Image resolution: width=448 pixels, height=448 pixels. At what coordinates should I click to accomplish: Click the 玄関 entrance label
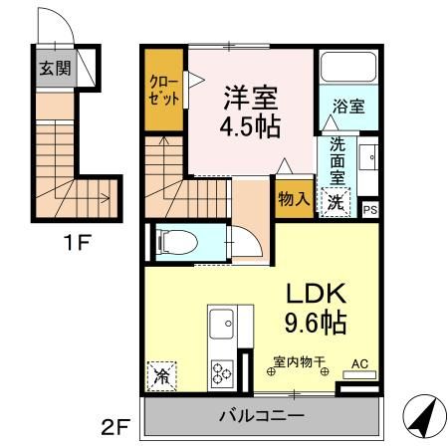point(55,69)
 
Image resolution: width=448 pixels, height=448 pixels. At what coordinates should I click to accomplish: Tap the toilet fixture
point(177,242)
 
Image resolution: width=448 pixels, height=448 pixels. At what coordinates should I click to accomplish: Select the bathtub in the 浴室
point(348,67)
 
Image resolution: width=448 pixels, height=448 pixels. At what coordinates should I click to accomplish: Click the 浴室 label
point(348,107)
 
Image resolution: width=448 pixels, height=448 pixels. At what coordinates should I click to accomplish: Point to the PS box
point(370,210)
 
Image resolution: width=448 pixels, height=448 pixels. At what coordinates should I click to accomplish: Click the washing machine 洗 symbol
point(336,202)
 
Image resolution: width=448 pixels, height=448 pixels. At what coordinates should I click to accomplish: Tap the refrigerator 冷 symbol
point(161,376)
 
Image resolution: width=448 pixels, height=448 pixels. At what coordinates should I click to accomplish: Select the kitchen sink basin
point(221,324)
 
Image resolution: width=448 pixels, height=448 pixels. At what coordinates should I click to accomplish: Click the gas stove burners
point(222,373)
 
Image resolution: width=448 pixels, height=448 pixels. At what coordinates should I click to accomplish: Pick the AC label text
point(360,363)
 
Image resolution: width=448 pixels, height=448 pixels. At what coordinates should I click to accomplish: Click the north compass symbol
point(425,416)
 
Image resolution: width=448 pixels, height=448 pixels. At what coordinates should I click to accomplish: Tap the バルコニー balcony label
point(262,415)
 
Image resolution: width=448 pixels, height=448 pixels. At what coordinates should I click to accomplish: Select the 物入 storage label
point(294,199)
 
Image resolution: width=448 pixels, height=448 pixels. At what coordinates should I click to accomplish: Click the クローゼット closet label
point(164,90)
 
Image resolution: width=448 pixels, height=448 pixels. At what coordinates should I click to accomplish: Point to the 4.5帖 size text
point(250,126)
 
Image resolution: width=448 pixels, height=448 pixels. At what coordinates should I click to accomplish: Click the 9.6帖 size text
point(316,322)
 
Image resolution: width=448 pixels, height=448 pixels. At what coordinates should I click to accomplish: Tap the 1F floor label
point(78,243)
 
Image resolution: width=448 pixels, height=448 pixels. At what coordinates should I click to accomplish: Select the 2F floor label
point(115,427)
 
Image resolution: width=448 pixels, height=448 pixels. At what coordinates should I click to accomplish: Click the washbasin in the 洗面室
point(368,157)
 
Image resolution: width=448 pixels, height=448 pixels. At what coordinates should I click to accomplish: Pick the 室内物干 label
point(299,361)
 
